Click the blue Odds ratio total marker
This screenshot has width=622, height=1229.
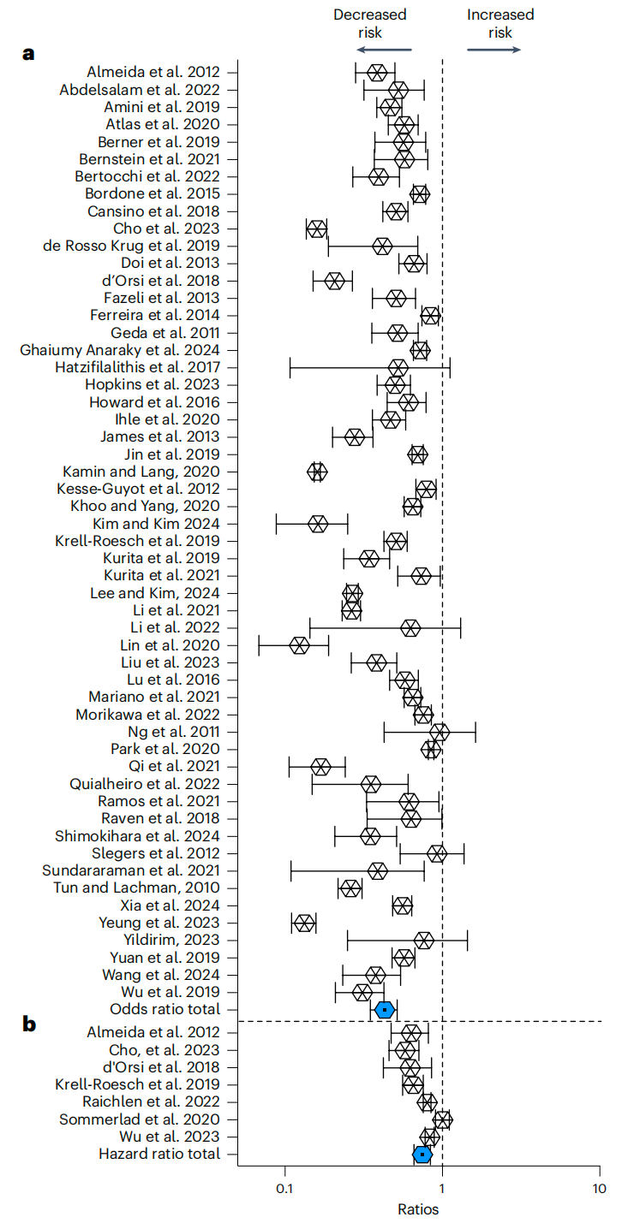pyautogui.click(x=385, y=1010)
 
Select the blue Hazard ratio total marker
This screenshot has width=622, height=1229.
pyautogui.click(x=422, y=1155)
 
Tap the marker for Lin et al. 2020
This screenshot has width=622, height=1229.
pyautogui.click(x=299, y=645)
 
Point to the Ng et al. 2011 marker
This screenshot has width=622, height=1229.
pyautogui.click(x=440, y=732)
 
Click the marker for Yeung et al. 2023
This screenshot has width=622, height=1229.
pyautogui.click(x=304, y=923)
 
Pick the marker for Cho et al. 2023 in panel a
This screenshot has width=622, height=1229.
pyautogui.click(x=317, y=229)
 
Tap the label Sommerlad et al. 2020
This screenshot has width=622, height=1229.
pyautogui.click(x=140, y=1119)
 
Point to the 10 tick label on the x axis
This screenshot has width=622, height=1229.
pyautogui.click(x=599, y=1189)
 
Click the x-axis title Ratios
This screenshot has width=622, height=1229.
pyautogui.click(x=418, y=1210)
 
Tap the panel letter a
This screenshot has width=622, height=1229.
pyautogui.click(x=28, y=54)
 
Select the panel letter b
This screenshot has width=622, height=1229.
pyautogui.click(x=29, y=1024)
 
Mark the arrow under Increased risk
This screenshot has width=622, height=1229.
pyautogui.click(x=493, y=50)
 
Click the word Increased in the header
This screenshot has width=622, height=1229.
pyautogui.click(x=500, y=15)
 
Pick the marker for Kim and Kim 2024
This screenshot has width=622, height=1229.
pyautogui.click(x=318, y=524)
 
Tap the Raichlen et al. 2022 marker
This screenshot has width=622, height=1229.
pyautogui.click(x=428, y=1102)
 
